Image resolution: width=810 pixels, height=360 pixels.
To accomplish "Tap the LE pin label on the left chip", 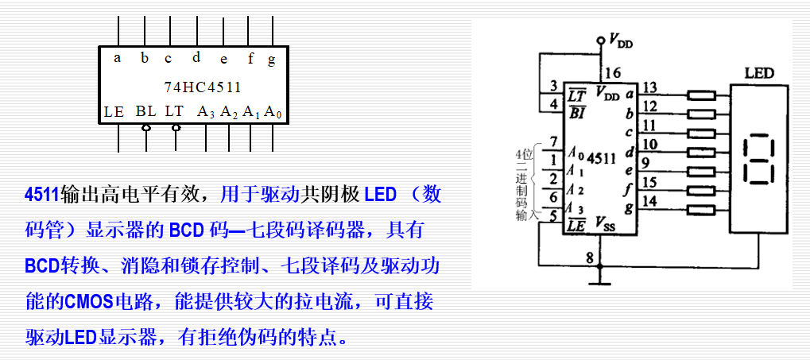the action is (114, 112).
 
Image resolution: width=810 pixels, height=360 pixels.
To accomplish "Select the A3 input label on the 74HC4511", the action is (206, 112).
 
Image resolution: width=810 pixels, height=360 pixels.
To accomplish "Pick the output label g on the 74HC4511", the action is (271, 60).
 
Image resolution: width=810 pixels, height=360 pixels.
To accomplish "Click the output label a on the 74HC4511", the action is (118, 57).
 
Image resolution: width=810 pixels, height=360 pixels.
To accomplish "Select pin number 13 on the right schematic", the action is (649, 87).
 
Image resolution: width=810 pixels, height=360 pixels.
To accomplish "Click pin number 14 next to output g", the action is (649, 201).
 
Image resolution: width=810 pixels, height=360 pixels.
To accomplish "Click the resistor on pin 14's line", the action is (702, 209).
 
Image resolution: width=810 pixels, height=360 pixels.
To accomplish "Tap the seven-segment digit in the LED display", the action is (758, 160).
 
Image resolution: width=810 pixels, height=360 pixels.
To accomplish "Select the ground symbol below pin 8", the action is (601, 281).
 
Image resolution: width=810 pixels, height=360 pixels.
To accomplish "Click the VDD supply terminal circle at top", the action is (601, 38).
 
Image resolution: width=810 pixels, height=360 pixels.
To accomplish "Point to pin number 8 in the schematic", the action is (589, 257).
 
